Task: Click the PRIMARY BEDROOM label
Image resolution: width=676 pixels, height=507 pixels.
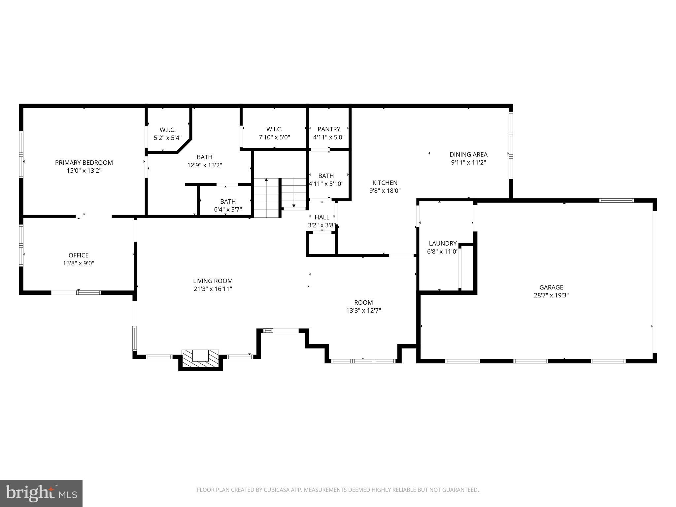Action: click(84, 162)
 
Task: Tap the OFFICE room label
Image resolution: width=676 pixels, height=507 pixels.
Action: click(79, 255)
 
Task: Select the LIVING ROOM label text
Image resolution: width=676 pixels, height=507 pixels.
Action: click(213, 281)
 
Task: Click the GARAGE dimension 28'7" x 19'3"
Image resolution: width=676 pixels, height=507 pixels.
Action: click(551, 295)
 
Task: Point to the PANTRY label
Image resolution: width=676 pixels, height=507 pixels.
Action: click(329, 129)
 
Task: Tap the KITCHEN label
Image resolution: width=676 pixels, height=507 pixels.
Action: click(385, 183)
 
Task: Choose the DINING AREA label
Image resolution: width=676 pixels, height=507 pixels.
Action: click(468, 154)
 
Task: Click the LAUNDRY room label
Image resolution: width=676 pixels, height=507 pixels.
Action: click(443, 243)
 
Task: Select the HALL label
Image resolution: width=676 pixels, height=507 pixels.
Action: click(322, 217)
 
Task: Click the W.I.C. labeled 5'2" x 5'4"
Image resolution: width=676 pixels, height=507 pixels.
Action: click(168, 130)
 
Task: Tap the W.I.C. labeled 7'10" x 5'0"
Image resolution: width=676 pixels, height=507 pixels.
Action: click(274, 129)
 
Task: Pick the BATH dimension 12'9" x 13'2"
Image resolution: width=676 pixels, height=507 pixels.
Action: click(205, 165)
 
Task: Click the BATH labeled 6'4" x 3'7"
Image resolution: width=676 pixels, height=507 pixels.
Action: click(228, 201)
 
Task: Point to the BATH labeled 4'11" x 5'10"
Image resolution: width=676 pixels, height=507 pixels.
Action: click(326, 176)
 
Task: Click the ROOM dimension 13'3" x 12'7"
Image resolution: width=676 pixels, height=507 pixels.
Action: click(363, 311)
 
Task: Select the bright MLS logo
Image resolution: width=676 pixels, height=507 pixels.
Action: click(41, 493)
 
